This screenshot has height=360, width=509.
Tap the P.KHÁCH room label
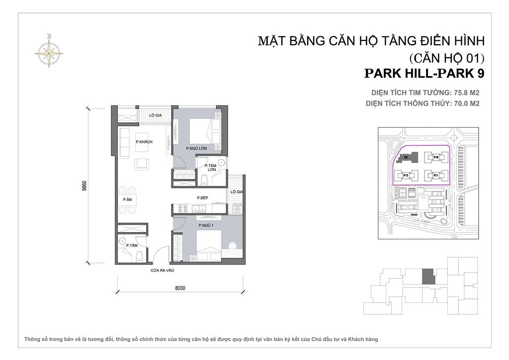point(144,142)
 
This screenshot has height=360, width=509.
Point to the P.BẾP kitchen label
point(201,198)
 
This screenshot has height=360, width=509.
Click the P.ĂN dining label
point(127,199)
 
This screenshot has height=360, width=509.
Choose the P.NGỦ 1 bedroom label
point(205,226)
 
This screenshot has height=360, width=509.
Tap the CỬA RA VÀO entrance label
point(163,271)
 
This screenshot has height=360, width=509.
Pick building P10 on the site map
point(435,157)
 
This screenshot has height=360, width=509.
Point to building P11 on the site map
point(435,175)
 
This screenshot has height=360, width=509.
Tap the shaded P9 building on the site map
point(406,157)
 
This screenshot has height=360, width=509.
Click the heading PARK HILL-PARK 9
point(424,74)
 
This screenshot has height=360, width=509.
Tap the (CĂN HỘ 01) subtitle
point(446,57)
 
